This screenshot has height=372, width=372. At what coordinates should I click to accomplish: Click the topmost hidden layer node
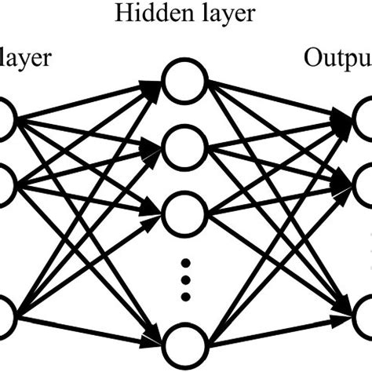point(185,81)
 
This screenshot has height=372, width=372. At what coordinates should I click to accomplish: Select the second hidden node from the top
point(185,145)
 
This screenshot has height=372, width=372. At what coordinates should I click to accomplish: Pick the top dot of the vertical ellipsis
point(185,261)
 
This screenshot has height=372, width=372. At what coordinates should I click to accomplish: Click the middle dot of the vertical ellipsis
point(185,279)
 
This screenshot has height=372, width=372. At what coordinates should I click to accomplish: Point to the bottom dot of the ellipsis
point(185,297)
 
